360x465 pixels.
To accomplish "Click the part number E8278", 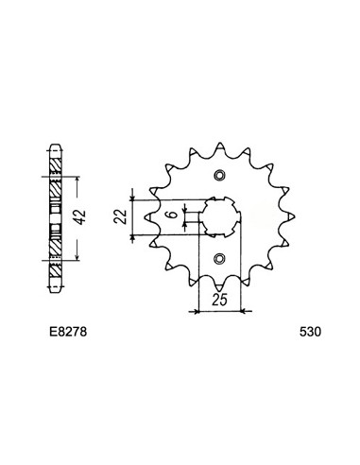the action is coord(68,333).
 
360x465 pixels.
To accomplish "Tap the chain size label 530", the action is coord(310,333).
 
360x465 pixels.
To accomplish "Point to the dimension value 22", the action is coord(120,216).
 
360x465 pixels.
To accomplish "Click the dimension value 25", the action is coord(219,300).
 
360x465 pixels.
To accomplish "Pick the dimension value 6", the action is coord(172,215).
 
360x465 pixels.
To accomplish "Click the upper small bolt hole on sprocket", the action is coord(219,176).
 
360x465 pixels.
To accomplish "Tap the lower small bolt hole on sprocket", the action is coord(219,259).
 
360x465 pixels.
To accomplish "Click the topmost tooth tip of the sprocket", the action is coord(220,144).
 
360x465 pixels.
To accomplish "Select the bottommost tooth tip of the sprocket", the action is coord(219,290).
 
